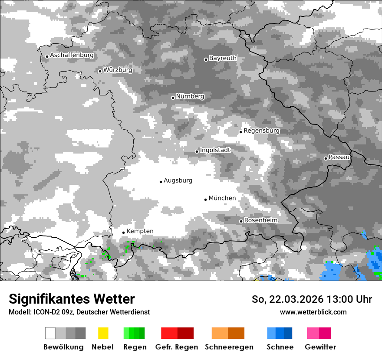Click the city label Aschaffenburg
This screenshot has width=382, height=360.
point(72,56)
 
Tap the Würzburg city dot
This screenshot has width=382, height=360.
point(100,71)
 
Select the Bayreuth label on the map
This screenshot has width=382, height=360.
point(223,58)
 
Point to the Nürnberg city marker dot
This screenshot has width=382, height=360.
point(173,98)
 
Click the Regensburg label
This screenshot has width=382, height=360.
point(261,131)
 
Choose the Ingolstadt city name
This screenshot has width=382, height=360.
point(215,150)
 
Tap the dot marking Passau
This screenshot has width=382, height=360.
point(326,158)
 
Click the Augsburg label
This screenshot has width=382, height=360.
point(178,180)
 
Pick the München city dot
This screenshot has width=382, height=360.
point(205,200)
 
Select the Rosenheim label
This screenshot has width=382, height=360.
point(260,220)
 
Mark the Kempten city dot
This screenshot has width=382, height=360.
point(123,232)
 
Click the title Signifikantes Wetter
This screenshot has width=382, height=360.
point(72,299)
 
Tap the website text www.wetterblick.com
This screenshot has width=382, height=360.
point(313,312)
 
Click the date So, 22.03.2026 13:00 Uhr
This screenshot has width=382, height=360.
point(312,299)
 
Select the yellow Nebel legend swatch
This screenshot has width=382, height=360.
point(103,333)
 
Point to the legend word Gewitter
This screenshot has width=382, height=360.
point(320,347)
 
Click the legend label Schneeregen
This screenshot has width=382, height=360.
point(229,347)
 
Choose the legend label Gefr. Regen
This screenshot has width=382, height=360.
point(176,347)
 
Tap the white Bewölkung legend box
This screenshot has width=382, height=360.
point(50,333)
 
